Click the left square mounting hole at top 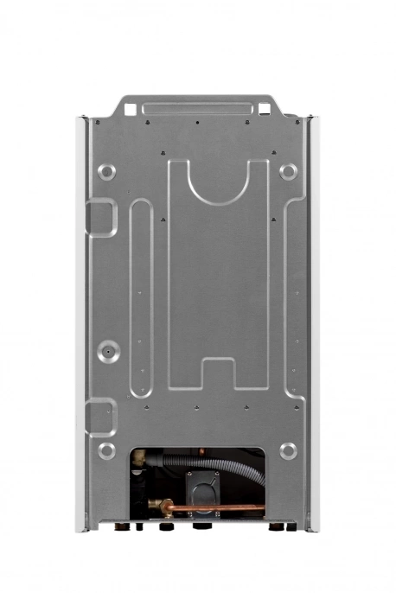pos(130,109)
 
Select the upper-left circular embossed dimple pos(106,171)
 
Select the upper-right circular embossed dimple pos(288,171)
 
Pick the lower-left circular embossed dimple pos(106,450)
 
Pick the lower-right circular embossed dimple pos(288,450)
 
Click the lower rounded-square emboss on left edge pos(100,416)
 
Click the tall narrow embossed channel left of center pos(140,294)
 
